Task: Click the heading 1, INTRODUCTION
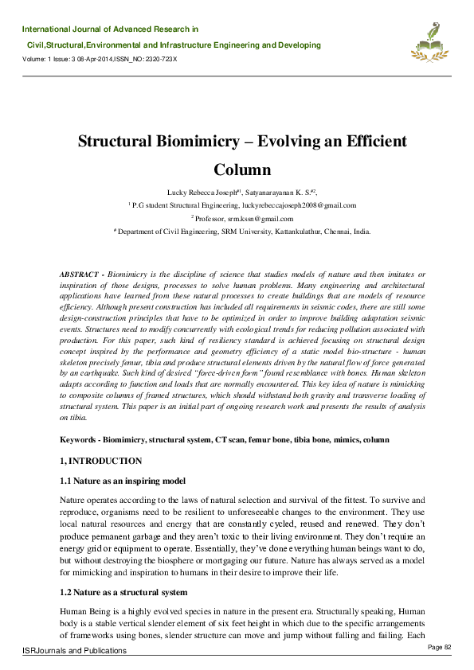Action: pos(101,461)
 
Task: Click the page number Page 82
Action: pos(440,647)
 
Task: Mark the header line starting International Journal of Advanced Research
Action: pos(111,29)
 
